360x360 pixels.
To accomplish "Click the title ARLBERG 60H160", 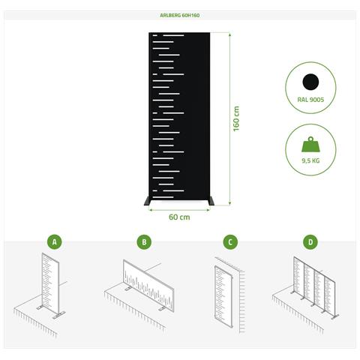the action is click(180, 15).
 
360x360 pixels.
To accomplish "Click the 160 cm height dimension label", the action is click(236, 118).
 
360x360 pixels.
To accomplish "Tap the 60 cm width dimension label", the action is click(179, 217).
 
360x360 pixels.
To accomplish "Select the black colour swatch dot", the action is click(310, 82).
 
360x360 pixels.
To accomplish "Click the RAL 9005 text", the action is click(310, 100).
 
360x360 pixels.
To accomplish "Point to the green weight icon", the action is click(310, 144).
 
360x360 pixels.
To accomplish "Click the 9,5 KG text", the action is click(310, 160).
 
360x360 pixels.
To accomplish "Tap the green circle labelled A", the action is click(55, 241).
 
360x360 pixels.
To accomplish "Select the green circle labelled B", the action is click(144, 241).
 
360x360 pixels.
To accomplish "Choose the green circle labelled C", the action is click(230, 241).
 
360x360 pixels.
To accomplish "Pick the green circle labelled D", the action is click(310, 241).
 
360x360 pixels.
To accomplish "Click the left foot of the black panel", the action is click(147, 201).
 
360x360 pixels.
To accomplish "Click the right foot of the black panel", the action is click(211, 201).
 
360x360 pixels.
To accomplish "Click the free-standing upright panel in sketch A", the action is click(50, 283).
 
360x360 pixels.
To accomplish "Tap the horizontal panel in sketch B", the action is click(148, 286).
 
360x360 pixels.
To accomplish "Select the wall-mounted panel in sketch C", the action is click(223, 296).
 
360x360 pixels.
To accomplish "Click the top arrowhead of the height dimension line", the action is click(229, 34).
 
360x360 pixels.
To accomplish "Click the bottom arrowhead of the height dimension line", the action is click(229, 203).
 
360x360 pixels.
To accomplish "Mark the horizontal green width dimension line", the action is click(179, 210).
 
